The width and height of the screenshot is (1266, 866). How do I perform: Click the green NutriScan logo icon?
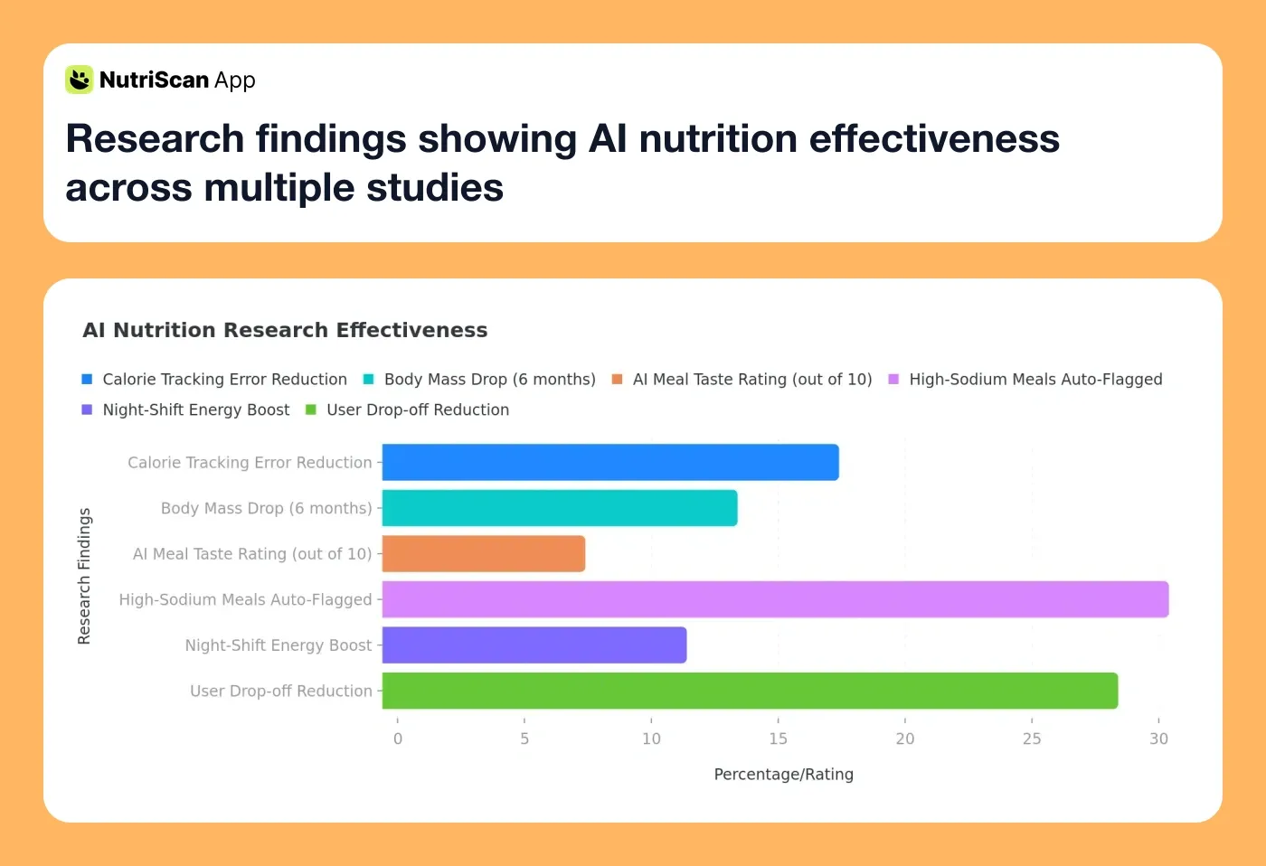click(x=80, y=80)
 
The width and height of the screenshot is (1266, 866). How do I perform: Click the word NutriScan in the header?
click(x=154, y=80)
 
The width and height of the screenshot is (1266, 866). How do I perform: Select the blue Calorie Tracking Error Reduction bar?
click(x=610, y=462)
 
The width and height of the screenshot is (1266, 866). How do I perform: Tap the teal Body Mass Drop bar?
click(x=560, y=508)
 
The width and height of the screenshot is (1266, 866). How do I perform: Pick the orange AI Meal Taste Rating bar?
click(x=484, y=554)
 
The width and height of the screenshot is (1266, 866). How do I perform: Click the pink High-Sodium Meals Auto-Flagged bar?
click(x=775, y=599)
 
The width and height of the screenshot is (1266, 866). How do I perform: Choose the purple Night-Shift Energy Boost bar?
click(x=534, y=645)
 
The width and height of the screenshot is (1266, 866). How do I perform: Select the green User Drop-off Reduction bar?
click(x=750, y=691)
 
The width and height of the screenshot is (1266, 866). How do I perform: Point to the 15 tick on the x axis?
click(x=778, y=739)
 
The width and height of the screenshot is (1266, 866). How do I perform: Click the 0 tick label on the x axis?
click(x=398, y=739)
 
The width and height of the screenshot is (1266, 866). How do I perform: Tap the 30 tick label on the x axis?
click(x=1158, y=739)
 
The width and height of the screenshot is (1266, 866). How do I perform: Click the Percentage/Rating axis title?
click(x=783, y=774)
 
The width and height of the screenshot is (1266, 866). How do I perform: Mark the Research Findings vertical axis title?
click(x=84, y=576)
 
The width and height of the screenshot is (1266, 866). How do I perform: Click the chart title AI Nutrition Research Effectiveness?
click(x=285, y=330)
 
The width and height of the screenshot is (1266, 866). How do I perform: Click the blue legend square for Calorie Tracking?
click(x=87, y=380)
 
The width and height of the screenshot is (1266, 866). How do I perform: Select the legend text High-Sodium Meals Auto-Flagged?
click(x=1035, y=380)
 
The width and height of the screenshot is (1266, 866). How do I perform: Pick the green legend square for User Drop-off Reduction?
click(x=311, y=410)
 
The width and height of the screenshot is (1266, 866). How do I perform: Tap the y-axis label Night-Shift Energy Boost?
click(x=278, y=645)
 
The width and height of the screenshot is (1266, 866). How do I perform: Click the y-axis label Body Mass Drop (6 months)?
click(x=266, y=508)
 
